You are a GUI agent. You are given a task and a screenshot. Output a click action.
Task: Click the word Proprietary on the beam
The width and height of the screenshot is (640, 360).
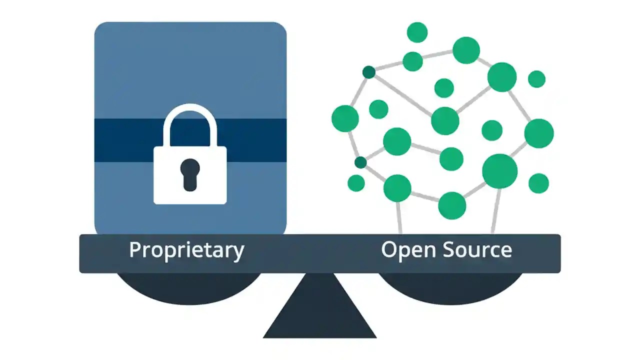[x=186, y=249]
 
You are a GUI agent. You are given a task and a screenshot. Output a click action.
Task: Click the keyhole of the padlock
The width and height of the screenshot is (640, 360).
[x=190, y=174]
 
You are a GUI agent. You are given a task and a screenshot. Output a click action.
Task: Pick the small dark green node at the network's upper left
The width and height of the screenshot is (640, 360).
[x=369, y=72]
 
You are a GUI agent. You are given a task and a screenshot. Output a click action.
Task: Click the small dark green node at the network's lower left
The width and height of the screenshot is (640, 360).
[x=360, y=162]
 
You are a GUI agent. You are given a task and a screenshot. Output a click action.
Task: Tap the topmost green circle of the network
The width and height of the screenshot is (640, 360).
[x=417, y=32]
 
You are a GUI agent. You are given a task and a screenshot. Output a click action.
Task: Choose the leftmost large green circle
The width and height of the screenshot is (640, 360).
[x=345, y=118]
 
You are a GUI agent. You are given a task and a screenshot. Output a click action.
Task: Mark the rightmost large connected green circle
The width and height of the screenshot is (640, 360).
[x=539, y=133]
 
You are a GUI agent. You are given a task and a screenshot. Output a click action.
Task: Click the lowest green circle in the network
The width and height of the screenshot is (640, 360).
[x=452, y=205]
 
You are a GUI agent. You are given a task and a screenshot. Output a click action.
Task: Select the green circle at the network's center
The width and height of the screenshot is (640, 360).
[x=445, y=120]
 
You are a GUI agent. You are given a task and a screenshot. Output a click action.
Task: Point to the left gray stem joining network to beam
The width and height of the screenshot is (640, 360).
[x=399, y=217]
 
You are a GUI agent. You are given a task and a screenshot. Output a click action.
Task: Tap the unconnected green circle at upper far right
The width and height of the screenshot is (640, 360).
[x=536, y=79]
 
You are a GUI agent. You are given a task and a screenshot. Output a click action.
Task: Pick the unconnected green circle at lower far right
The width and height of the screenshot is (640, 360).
[x=538, y=183]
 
